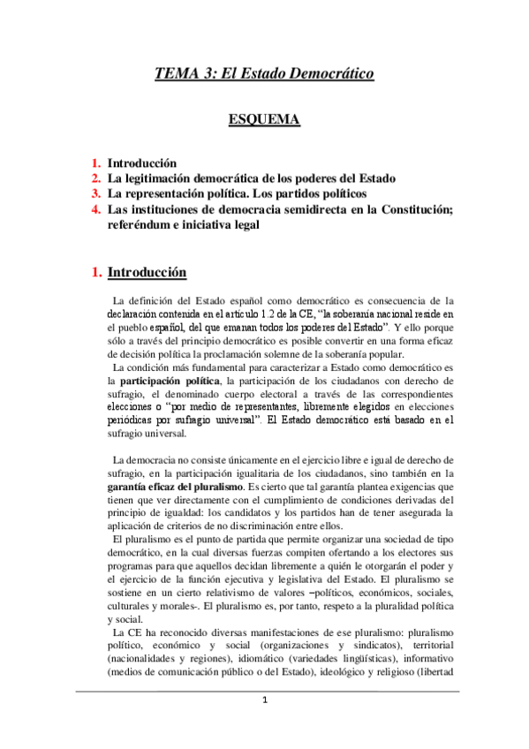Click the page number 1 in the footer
click(x=264, y=725)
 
